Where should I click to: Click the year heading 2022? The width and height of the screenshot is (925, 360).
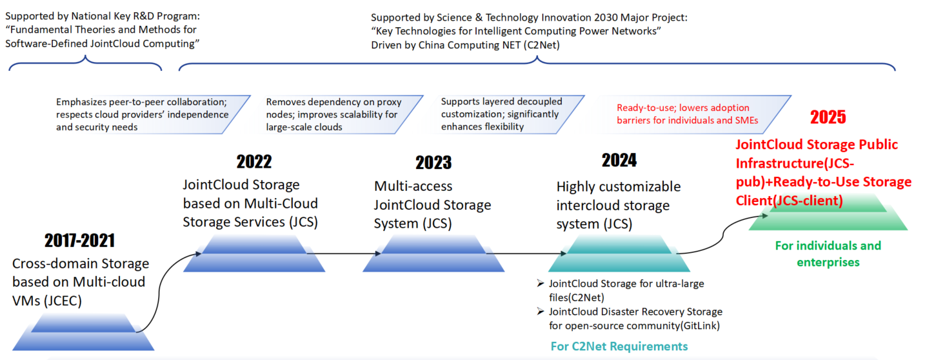tap(254, 162)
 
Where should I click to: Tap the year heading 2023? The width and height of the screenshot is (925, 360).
tap(433, 163)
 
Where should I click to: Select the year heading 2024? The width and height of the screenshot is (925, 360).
tap(619, 160)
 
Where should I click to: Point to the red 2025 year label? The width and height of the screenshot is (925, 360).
tap(828, 117)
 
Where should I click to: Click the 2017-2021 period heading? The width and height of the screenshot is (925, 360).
tap(80, 241)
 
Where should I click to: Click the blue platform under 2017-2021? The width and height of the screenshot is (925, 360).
tap(83, 332)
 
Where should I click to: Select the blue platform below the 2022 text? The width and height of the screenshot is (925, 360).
tap(254, 254)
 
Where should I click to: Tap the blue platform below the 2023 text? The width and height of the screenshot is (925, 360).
tap(433, 254)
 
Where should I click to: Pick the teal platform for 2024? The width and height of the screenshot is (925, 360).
tap(619, 254)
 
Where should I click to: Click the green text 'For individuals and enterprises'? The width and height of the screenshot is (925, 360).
tap(828, 254)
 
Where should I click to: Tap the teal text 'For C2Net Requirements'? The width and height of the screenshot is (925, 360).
tap(619, 346)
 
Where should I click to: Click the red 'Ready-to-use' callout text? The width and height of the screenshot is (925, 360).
tap(688, 114)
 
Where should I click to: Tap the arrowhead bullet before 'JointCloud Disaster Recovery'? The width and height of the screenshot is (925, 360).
tap(541, 311)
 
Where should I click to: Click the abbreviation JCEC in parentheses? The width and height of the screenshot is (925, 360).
tap(65, 301)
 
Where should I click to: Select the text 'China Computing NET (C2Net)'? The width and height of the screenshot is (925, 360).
tap(489, 45)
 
